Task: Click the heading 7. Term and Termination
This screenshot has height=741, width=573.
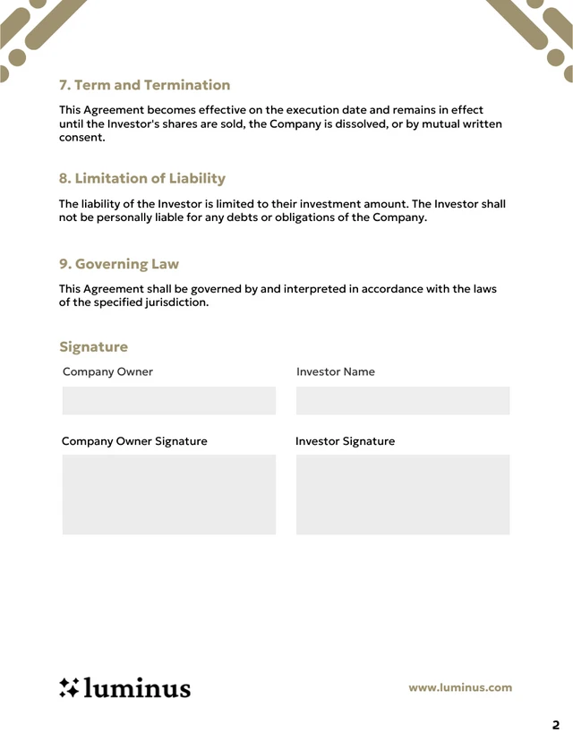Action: click(144, 85)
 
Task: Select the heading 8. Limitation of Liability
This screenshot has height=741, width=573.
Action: click(141, 178)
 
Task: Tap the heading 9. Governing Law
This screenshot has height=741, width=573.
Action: click(118, 264)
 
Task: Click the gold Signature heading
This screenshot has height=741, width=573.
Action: click(93, 346)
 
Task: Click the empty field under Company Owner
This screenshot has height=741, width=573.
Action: click(168, 400)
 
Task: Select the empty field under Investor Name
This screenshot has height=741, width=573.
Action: click(402, 400)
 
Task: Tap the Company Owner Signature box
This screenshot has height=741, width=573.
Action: click(168, 494)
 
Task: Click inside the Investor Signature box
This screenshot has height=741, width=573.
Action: click(402, 494)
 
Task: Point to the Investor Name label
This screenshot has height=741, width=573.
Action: click(335, 371)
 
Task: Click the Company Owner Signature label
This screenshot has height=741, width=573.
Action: click(134, 441)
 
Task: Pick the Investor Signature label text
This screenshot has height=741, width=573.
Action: click(345, 441)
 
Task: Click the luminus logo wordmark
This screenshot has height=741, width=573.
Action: click(137, 687)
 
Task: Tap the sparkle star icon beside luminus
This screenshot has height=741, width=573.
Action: click(69, 687)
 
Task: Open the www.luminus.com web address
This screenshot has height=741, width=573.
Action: click(460, 687)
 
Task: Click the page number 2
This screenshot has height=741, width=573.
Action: click(555, 725)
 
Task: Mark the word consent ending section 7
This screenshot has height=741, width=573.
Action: click(81, 138)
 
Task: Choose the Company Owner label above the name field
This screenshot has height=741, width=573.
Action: click(107, 371)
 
